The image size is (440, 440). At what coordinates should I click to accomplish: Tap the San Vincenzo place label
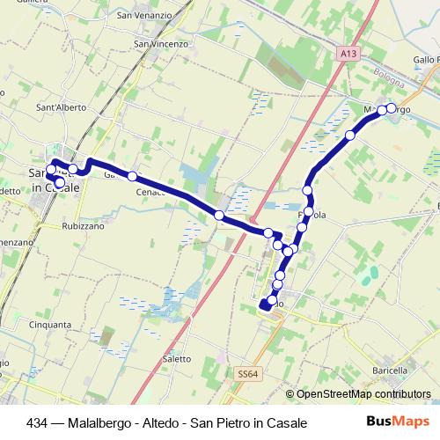161,43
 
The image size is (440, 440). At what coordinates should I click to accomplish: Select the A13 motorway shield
348,55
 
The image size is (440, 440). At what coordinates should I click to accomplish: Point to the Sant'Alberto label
61,107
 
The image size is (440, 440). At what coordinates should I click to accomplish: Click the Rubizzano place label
84,225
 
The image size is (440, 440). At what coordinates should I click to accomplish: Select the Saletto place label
177,359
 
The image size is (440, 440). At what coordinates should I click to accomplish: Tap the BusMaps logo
397,422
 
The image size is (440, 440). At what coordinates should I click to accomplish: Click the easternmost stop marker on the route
392,109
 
